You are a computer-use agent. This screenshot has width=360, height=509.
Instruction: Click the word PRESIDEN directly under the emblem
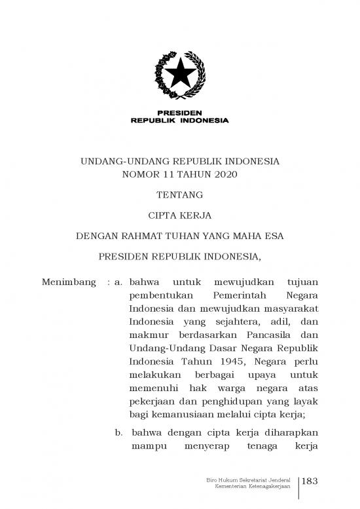pos(179,112)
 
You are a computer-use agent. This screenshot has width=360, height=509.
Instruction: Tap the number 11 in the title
pos(169,174)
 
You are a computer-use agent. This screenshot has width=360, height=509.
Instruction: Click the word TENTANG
pos(179,194)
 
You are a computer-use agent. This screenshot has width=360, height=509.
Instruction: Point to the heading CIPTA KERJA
pos(179,214)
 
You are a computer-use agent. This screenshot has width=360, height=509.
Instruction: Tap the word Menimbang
pos(65,282)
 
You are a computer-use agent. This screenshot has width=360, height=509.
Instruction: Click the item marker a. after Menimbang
pos(118,282)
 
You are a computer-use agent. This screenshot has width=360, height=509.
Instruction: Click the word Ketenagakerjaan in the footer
pos(268,489)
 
